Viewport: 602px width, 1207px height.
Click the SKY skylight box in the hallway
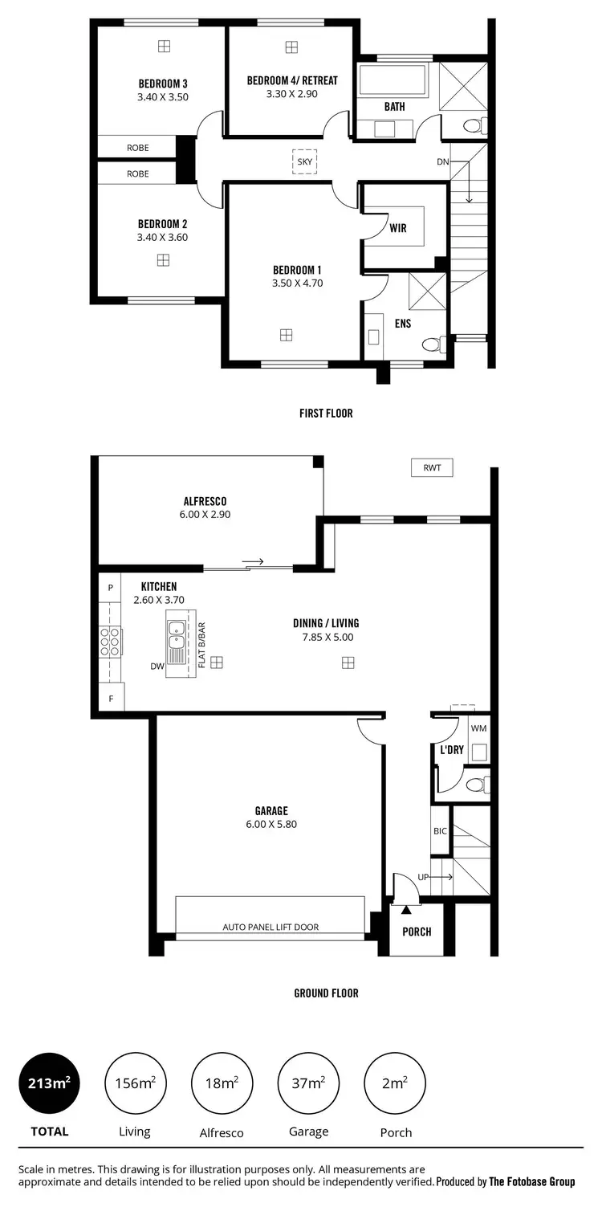(304, 161)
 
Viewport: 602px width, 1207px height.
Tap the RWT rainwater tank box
(432, 467)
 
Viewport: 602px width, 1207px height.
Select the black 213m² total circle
(49, 1083)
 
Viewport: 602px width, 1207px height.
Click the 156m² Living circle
(135, 1083)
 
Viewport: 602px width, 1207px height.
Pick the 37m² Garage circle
(309, 1083)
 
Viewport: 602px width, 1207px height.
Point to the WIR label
(397, 228)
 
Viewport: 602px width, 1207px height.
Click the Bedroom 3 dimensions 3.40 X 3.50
(163, 97)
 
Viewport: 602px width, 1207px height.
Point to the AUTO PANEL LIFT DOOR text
(270, 927)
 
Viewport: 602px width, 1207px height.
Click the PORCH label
(417, 932)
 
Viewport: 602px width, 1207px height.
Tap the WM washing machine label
(478, 728)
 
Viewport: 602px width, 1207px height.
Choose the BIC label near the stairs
(440, 831)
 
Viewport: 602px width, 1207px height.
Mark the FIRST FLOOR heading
(326, 414)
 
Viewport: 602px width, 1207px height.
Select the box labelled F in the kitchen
(111, 699)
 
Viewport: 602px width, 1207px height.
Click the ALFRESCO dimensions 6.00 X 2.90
(206, 515)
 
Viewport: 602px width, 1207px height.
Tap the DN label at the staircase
(442, 162)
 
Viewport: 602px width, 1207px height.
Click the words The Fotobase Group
(531, 1181)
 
